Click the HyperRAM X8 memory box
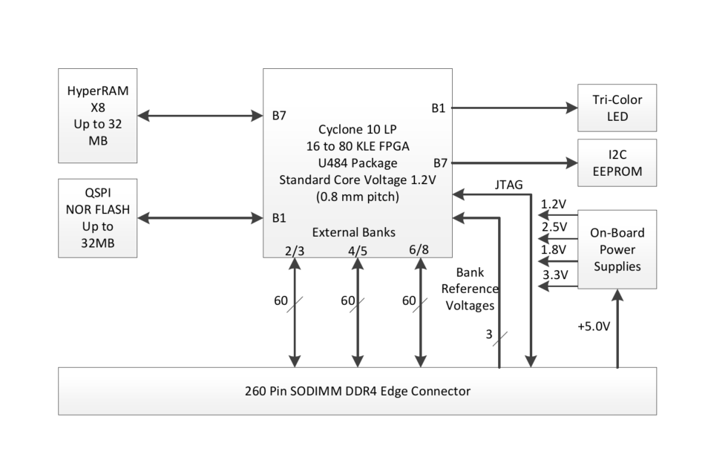96,116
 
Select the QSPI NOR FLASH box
96,217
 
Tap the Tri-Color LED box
617,108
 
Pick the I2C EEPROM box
617,162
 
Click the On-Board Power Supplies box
617,249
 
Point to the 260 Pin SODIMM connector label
357,390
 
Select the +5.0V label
594,326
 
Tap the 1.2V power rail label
554,204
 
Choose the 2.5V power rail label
554,226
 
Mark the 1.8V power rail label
554,250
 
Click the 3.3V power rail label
554,274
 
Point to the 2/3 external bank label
295,250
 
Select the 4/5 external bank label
357,250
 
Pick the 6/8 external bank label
419,250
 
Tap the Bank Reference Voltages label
476,289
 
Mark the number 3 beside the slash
489,335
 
